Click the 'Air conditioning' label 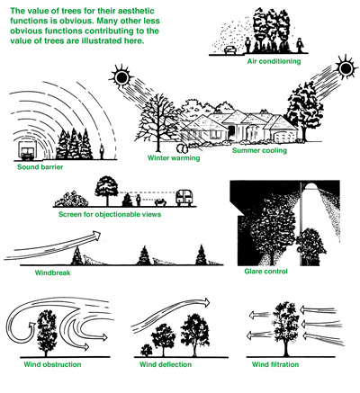point(274,61)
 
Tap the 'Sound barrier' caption point(40,167)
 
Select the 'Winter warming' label point(174,158)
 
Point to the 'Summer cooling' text point(259,150)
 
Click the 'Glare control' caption point(265,272)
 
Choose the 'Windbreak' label point(53,272)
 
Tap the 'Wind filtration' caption point(275,364)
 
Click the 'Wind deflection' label point(166,364)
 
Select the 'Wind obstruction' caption point(52,364)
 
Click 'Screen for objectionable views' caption point(110,214)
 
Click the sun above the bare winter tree point(122,77)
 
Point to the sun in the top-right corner point(346,68)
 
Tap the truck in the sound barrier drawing point(26,150)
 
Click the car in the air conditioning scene point(230,49)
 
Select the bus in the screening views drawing point(184,198)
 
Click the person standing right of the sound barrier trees point(102,152)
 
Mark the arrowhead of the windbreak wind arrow point(96,234)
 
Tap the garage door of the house point(282,138)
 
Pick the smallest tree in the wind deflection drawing point(147,350)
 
